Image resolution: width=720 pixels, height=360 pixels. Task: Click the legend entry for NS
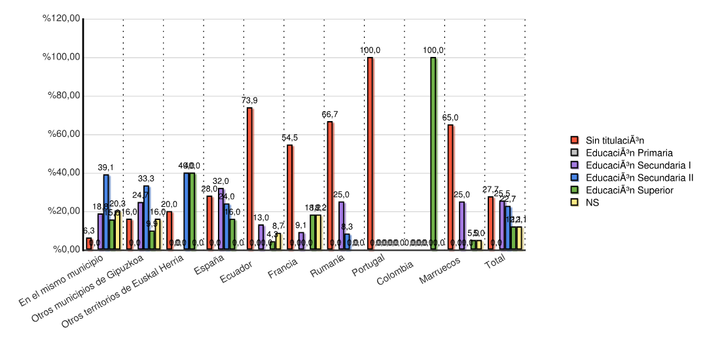click(592, 202)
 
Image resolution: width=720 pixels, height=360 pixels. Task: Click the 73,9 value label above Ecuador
click(249, 100)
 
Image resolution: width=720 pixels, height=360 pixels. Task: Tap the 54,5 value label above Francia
click(290, 137)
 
